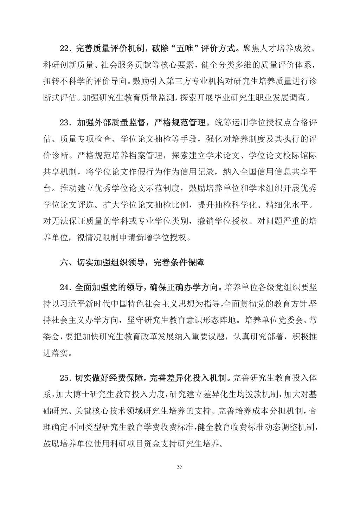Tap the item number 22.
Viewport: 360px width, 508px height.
point(65,49)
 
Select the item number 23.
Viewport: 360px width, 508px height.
point(65,123)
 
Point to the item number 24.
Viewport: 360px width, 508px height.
point(65,288)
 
